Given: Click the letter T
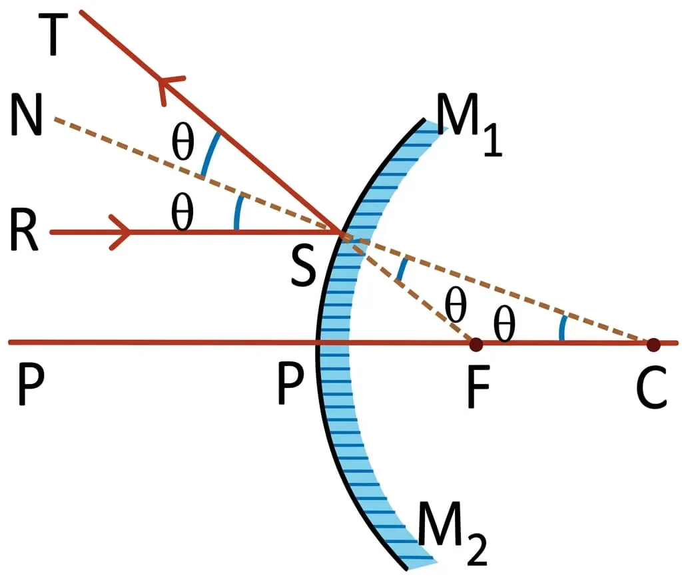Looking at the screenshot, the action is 53,35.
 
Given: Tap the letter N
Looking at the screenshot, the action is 27,114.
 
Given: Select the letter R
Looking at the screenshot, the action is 24,230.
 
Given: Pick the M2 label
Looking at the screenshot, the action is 452,533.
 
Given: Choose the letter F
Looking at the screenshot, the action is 478,387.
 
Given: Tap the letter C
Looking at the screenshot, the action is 651,387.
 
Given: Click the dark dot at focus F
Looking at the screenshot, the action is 476,345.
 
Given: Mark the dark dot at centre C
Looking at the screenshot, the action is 653,345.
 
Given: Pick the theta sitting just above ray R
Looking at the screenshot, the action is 182,212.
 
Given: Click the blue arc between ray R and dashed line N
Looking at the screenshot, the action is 238,212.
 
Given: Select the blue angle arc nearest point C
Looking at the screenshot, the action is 562,327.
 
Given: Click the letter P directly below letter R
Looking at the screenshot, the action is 31,385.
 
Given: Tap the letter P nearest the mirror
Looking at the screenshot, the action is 290,385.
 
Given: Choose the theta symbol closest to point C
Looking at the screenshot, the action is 505,323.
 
